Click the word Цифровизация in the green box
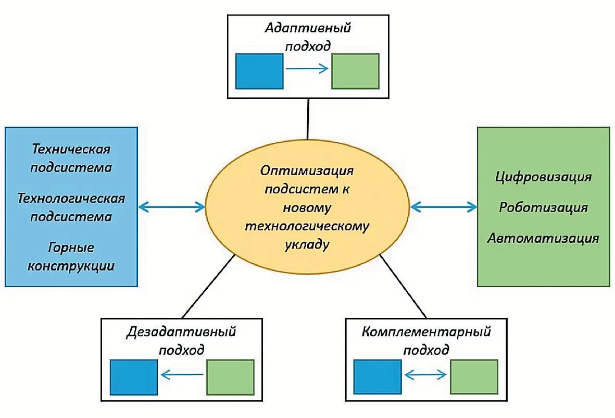(x=544, y=177)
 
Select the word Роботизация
(x=544, y=207)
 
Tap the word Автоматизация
(x=544, y=238)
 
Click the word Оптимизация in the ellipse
(x=307, y=170)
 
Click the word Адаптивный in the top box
(x=307, y=28)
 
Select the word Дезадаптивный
(x=181, y=331)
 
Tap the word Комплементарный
(x=426, y=331)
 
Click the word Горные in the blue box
(x=72, y=247)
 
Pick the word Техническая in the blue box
(x=72, y=149)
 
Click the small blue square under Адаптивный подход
(x=259, y=71)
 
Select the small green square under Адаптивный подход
(x=355, y=71)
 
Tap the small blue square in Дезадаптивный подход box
(x=134, y=377)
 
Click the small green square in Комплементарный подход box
(x=474, y=377)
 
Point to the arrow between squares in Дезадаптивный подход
(x=182, y=374)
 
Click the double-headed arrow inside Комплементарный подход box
(x=425, y=374)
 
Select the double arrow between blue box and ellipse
(x=172, y=207)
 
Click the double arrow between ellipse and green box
(x=444, y=207)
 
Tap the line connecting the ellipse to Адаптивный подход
(x=308, y=119)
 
